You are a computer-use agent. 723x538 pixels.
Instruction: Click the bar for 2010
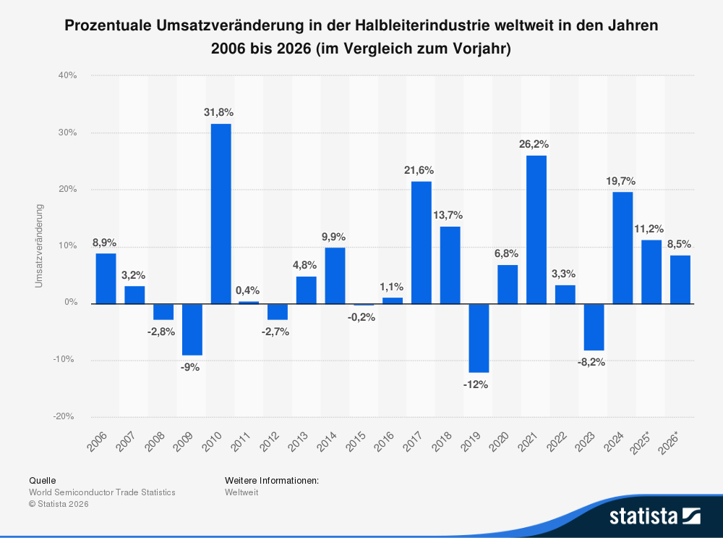[221, 214]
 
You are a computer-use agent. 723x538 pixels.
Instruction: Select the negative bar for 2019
[479, 338]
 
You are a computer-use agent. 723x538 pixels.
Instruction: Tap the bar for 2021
[536, 230]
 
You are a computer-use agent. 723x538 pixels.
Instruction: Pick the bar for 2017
[422, 243]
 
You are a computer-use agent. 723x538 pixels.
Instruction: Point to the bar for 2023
[594, 327]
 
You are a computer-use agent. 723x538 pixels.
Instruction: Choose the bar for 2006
[106, 278]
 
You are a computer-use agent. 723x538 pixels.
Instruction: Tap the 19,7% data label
[620, 180]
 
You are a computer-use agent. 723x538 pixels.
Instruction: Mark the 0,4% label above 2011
[247, 290]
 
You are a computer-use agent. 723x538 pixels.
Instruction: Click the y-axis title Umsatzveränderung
[39, 246]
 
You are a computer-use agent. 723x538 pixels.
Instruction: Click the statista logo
[654, 516]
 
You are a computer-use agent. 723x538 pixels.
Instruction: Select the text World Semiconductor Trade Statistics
[102, 492]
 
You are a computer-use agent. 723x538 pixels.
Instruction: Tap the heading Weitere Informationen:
[272, 480]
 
